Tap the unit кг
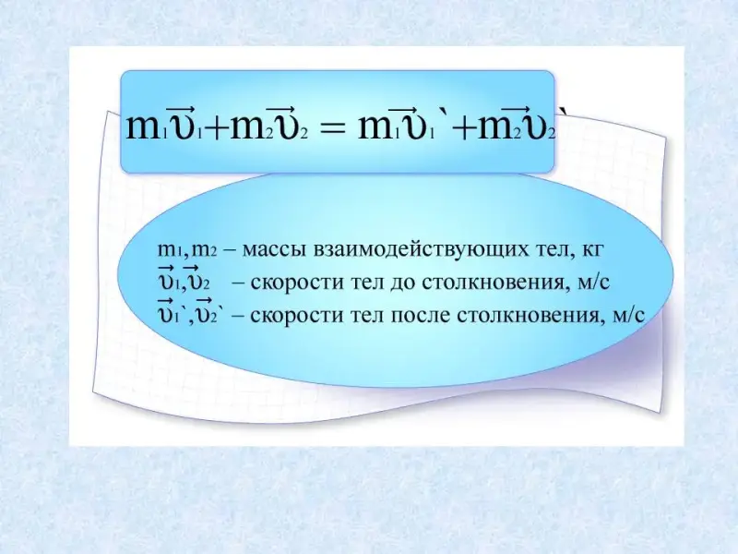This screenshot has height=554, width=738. (591, 250)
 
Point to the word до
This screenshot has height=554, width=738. (403, 283)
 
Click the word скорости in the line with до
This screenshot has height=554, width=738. (296, 283)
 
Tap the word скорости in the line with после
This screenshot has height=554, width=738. (296, 315)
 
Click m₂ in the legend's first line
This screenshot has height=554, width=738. (205, 250)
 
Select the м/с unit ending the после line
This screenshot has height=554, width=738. (628, 315)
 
